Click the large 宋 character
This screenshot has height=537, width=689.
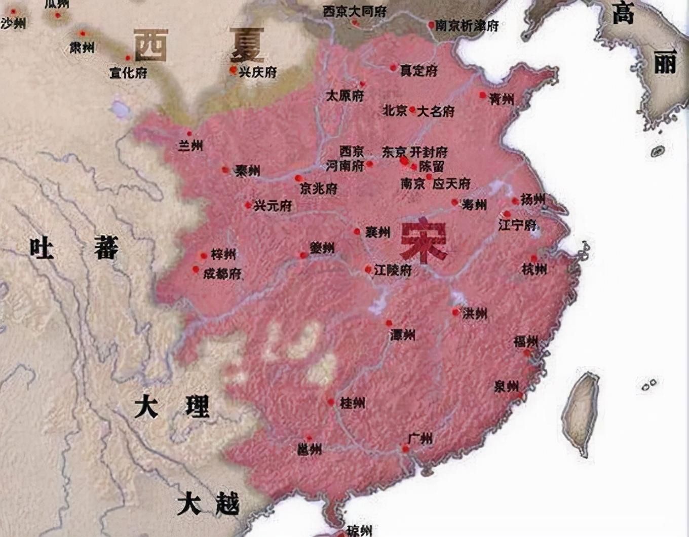[x=424, y=241]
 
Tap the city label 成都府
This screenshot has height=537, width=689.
[x=222, y=274]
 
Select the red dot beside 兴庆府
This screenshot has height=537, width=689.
[x=233, y=70]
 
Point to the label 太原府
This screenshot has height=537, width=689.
[x=344, y=95]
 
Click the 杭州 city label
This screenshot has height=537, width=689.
[x=534, y=269]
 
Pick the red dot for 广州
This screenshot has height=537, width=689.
[x=405, y=448]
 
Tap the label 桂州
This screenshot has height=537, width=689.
[x=352, y=403]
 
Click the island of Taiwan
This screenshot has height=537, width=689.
[x=581, y=410]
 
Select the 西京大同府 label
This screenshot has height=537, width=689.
[x=355, y=11]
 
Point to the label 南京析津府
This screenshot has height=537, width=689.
[x=467, y=25]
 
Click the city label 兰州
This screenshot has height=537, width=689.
[x=190, y=146]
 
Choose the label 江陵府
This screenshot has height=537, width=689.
[x=393, y=270]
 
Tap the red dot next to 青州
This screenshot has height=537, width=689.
[x=482, y=95]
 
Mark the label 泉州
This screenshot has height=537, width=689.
[x=506, y=387]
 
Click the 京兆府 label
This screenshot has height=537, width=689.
[x=318, y=189]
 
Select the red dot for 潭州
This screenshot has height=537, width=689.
[x=389, y=323]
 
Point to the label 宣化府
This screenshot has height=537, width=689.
[x=128, y=73]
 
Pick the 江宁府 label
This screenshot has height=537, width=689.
[x=517, y=224]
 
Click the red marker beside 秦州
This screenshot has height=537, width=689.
[x=225, y=170]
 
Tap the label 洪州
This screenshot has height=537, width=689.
[x=475, y=314]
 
